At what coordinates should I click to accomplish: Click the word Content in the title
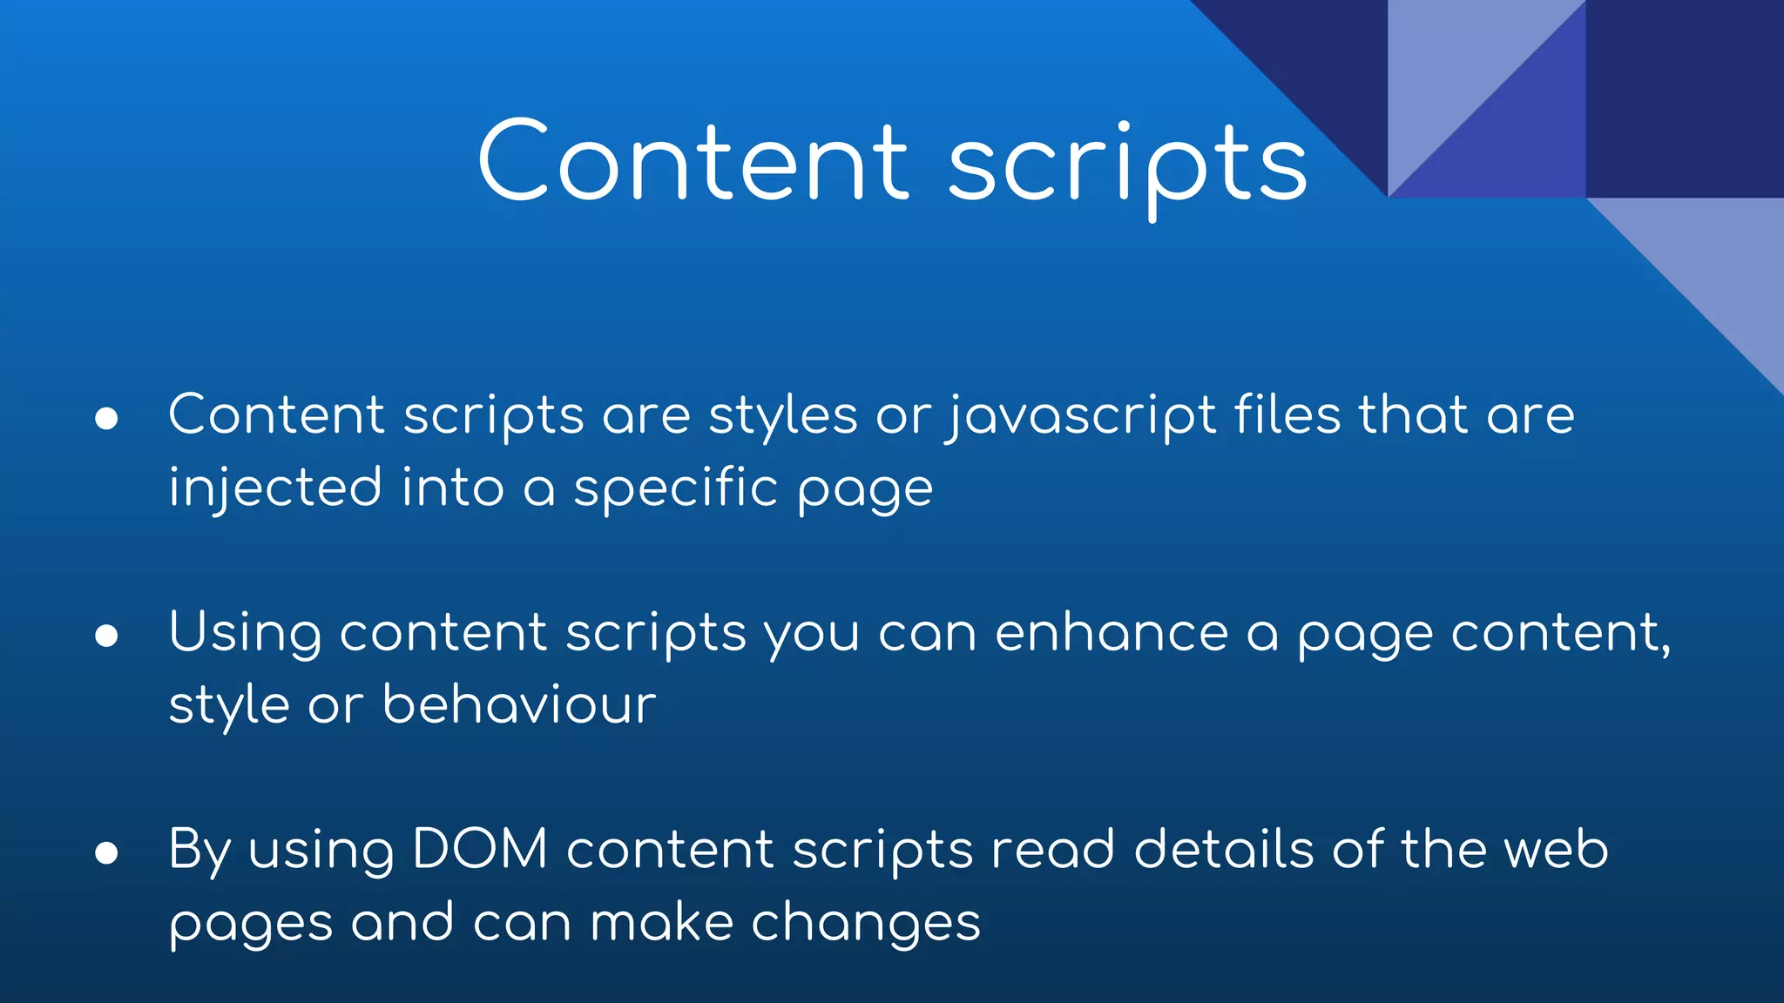coord(693,162)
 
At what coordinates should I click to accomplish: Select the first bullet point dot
coord(106,419)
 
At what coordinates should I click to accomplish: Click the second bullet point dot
coord(106,636)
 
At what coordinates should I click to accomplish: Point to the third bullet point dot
coord(106,853)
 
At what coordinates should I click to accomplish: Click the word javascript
coord(1080,416)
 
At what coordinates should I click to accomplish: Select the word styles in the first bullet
coord(782,416)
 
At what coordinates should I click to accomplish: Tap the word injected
coord(275,488)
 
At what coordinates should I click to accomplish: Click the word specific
coord(675,488)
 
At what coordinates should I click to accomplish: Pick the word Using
coord(245,634)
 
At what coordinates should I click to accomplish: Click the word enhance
coord(1111,632)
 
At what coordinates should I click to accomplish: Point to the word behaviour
coord(519,704)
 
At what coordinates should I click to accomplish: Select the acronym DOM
coord(479,849)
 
